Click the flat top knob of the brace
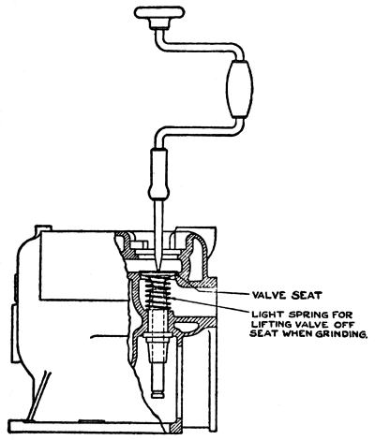(x=159, y=13)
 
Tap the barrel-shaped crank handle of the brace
(x=240, y=89)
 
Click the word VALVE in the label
(x=270, y=295)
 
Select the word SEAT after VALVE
(x=307, y=295)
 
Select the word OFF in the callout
(x=344, y=324)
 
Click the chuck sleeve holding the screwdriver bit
(x=159, y=174)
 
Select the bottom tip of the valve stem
(x=157, y=395)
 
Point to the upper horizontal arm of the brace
(x=199, y=46)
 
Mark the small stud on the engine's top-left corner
(x=42, y=227)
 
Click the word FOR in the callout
(x=344, y=315)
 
